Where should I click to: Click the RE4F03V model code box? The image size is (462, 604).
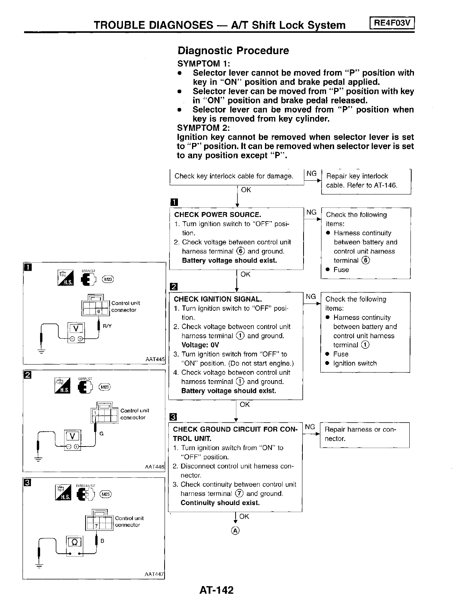click(392, 23)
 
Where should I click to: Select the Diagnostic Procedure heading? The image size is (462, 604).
click(233, 51)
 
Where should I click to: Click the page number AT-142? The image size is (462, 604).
click(216, 590)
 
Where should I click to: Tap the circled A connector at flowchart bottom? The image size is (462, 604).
click(236, 531)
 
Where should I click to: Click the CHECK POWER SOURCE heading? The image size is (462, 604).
click(218, 215)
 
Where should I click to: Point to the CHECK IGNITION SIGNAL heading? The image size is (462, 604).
click(218, 299)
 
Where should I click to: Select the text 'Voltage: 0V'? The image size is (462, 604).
click(200, 345)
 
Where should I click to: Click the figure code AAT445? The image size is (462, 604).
click(155, 359)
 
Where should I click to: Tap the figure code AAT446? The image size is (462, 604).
click(155, 467)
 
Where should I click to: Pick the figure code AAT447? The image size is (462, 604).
click(154, 574)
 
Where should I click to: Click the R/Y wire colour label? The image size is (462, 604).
click(107, 326)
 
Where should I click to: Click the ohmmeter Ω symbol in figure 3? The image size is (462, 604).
click(74, 541)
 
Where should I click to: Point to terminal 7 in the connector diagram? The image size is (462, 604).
click(97, 527)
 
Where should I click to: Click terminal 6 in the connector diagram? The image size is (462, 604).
click(99, 312)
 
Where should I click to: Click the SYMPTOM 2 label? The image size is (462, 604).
click(203, 128)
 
